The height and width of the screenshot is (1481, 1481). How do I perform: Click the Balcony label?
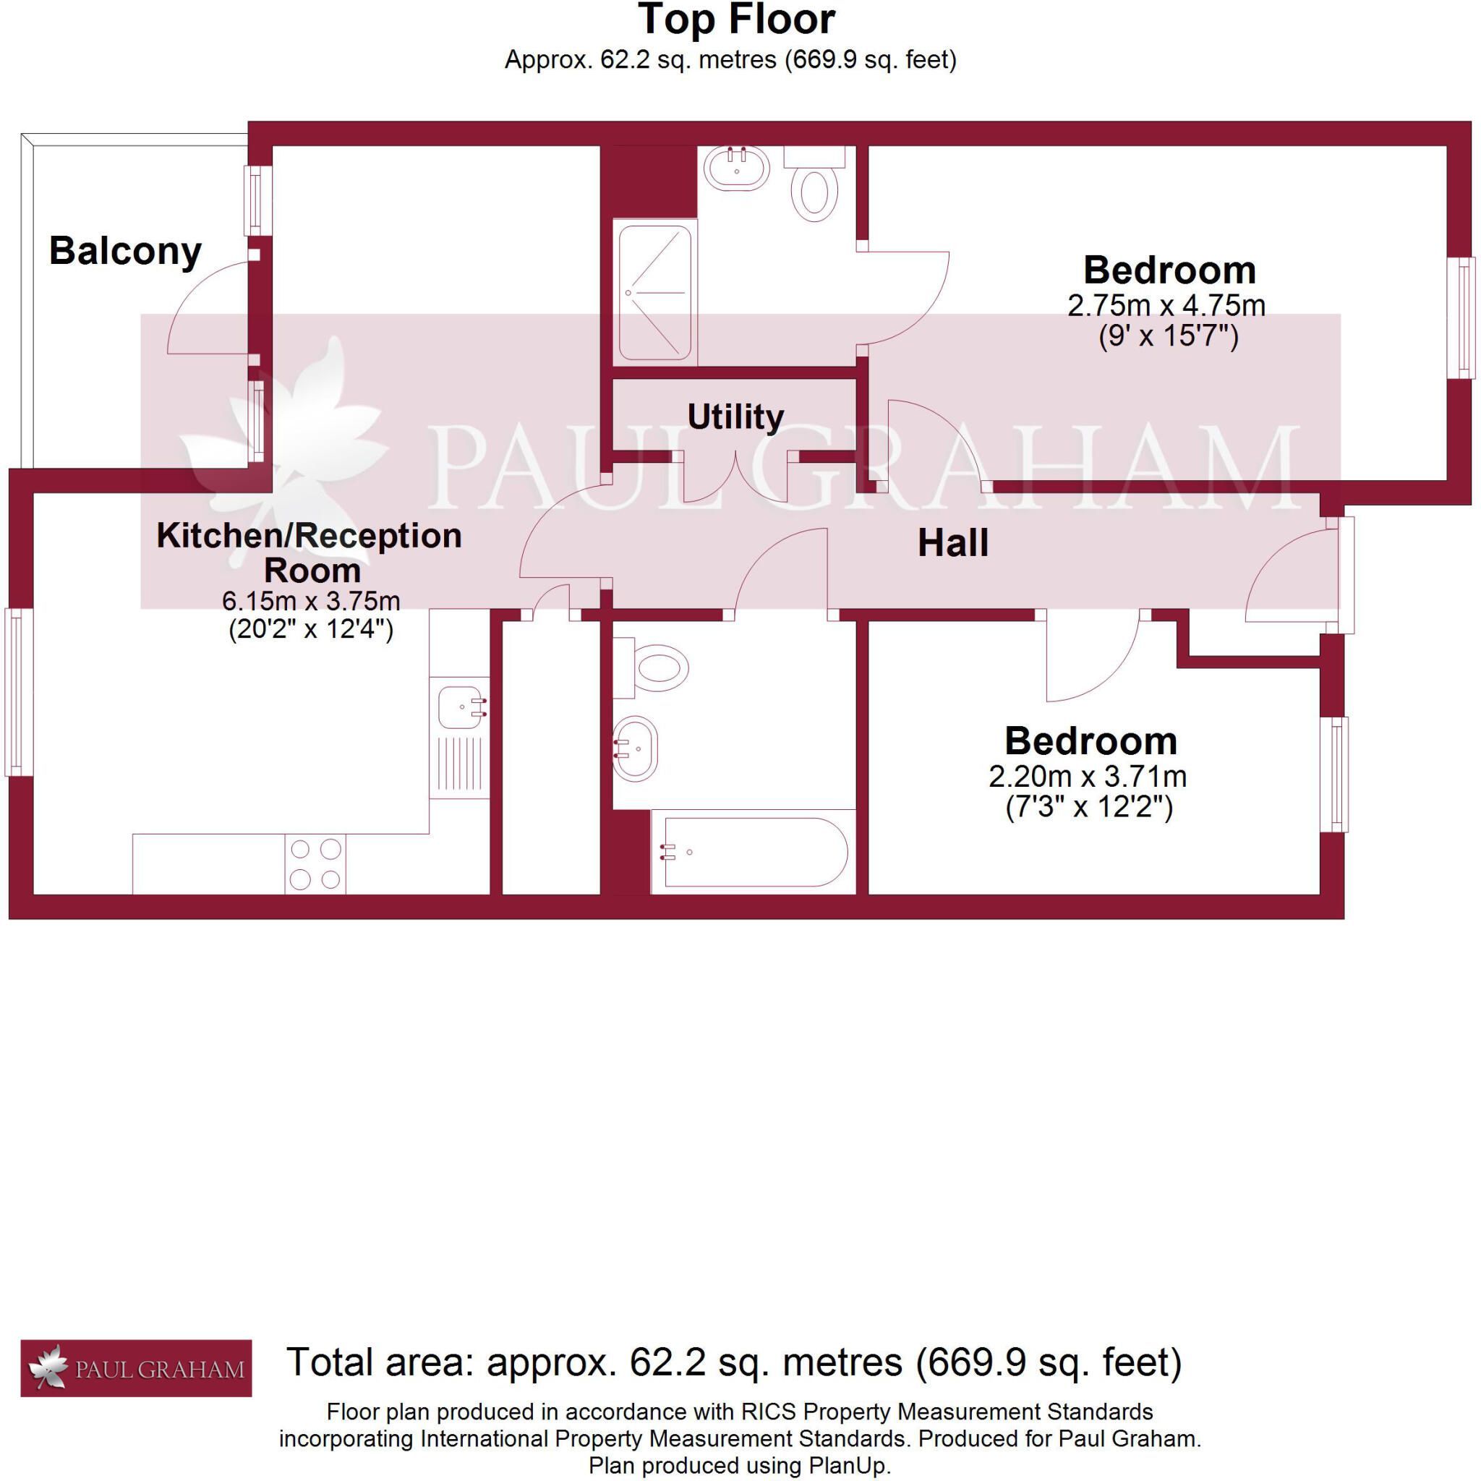[x=125, y=252]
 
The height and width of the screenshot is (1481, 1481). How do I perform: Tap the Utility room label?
[x=735, y=417]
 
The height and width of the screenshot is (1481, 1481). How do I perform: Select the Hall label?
[x=953, y=544]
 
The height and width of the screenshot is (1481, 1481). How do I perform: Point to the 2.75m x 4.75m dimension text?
[x=1166, y=306]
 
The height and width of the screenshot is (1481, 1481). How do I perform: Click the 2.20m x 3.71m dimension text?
[x=1088, y=777]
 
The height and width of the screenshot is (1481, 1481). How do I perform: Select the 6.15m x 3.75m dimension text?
[x=311, y=600]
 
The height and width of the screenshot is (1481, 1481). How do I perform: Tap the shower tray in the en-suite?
[x=654, y=292]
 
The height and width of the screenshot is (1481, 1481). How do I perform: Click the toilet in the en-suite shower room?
[x=814, y=183]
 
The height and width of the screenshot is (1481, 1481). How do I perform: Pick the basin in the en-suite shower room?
[x=736, y=168]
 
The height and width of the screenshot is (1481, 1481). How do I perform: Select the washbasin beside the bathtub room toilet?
[x=635, y=748]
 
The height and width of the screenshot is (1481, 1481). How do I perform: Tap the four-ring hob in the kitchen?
[x=315, y=864]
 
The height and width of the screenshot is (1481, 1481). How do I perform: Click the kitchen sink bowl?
[x=461, y=707]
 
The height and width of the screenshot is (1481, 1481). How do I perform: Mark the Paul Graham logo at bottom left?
[x=136, y=1368]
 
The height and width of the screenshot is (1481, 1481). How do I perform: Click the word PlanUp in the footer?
[x=846, y=1467]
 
